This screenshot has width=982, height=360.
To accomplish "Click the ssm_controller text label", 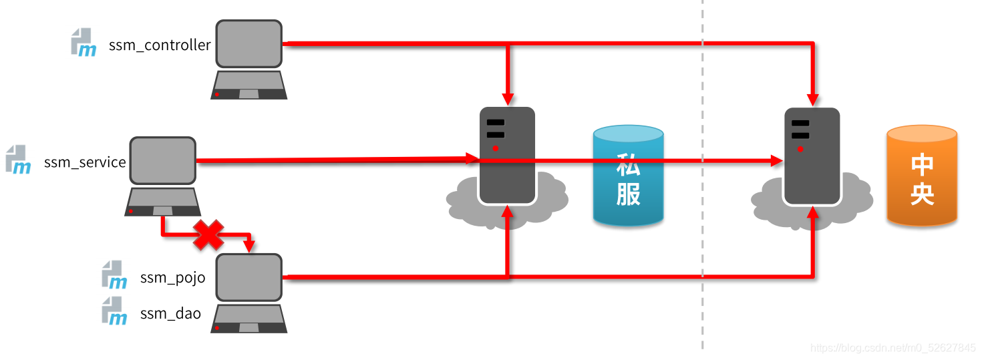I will [160, 45].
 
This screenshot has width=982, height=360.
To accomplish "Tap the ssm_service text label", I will [85, 162].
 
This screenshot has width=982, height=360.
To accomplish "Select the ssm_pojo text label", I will [172, 278].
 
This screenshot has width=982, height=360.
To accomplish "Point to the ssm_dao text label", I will [170, 313].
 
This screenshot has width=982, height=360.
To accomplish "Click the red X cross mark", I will [208, 236].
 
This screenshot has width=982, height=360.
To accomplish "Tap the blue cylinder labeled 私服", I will [628, 175].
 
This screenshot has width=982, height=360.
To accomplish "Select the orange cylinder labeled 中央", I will [921, 175].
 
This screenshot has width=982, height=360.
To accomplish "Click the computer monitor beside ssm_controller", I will [249, 43].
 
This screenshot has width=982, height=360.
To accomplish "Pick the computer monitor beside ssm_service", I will [162, 160].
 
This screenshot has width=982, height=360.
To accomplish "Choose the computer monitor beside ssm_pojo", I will [249, 277].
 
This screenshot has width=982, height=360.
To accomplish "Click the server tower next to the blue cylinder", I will [507, 156].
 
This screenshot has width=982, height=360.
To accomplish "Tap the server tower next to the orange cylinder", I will [812, 156].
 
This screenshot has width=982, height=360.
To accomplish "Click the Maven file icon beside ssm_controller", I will [84, 42].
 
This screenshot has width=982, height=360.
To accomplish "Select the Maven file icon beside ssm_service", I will [18, 159].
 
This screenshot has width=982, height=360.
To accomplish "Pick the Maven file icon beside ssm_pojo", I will [114, 275].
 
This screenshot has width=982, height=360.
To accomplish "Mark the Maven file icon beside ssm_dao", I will [114, 311].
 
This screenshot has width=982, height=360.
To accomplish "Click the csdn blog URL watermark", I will [892, 348].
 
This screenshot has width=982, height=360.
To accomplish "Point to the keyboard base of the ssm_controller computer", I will [249, 85].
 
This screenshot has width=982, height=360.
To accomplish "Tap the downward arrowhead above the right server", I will [813, 100].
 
